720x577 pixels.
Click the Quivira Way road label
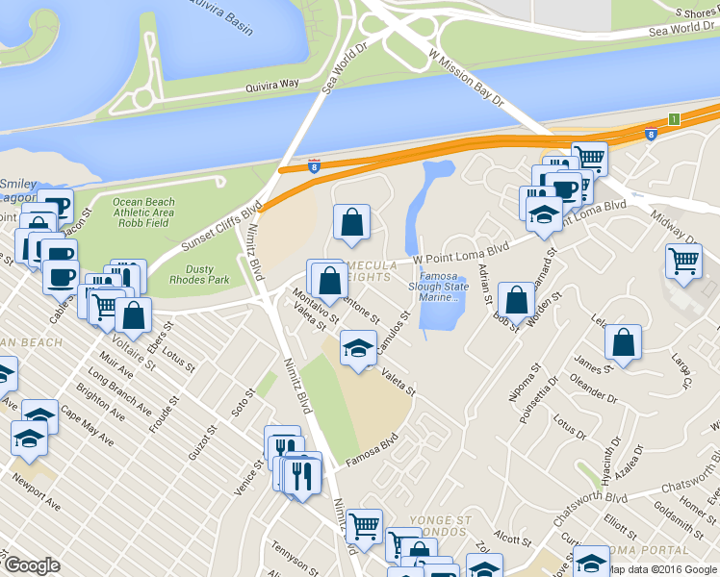pyautogui.click(x=247, y=84)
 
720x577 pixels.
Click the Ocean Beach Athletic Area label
pyautogui.click(x=142, y=207)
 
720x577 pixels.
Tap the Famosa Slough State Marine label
pyautogui.click(x=439, y=287)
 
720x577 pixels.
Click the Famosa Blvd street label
pyautogui.click(x=372, y=451)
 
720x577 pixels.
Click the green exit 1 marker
pyautogui.click(x=674, y=118)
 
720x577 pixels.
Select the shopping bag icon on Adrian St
pyautogui.click(x=517, y=301)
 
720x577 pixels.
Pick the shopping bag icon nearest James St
pyautogui.click(x=625, y=344)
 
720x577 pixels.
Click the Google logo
pyautogui.click(x=32, y=565)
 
